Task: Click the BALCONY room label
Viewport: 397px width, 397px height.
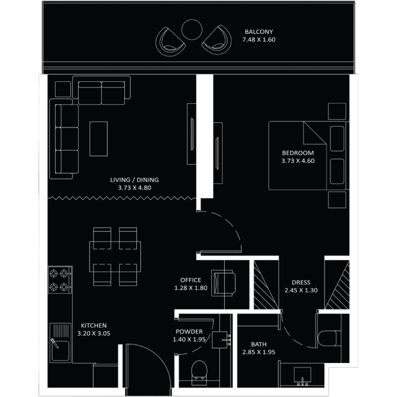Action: [259, 32]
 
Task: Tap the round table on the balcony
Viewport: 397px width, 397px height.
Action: [192, 29]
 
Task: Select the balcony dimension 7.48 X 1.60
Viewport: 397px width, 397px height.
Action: [259, 40]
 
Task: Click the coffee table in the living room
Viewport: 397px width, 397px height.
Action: [99, 139]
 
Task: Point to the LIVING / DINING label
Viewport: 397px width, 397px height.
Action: [134, 180]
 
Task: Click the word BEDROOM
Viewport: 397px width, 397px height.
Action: [298, 153]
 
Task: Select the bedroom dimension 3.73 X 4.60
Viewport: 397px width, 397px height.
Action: [298, 161]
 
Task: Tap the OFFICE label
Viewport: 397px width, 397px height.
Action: [191, 280]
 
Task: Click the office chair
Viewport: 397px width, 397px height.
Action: [223, 283]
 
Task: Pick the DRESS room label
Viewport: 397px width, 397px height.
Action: [301, 282]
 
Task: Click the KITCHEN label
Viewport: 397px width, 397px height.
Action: [93, 325]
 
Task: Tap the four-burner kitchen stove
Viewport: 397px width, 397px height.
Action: [60, 280]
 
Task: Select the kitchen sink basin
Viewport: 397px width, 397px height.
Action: [60, 351]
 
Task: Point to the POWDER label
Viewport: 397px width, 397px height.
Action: [189, 332]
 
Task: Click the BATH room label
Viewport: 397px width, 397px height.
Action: [259, 344]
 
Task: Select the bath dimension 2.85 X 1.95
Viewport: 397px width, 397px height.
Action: [259, 352]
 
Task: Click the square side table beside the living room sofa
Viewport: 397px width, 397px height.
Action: [63, 89]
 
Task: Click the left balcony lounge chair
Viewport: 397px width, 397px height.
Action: [170, 42]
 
